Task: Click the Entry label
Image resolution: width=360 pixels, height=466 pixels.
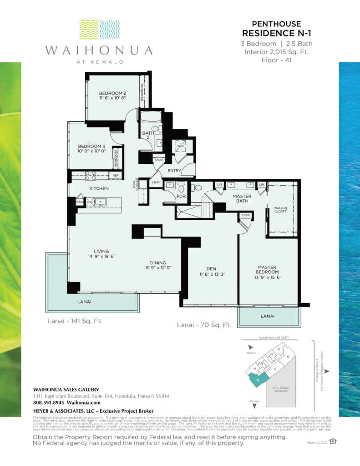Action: tap(174, 171)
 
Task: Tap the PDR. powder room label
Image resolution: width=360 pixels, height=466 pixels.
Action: tap(169, 196)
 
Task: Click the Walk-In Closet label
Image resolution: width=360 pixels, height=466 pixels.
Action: tap(280, 210)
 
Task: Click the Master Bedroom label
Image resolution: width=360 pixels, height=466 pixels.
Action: tap(267, 270)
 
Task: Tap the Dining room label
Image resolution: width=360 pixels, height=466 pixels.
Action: tap(158, 263)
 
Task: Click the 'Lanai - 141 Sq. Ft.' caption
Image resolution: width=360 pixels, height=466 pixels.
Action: tap(75, 321)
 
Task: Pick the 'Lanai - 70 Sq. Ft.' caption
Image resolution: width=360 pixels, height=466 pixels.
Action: tap(204, 325)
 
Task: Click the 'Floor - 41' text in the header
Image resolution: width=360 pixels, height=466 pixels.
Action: tap(277, 60)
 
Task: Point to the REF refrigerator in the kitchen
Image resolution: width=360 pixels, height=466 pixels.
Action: tap(115, 175)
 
